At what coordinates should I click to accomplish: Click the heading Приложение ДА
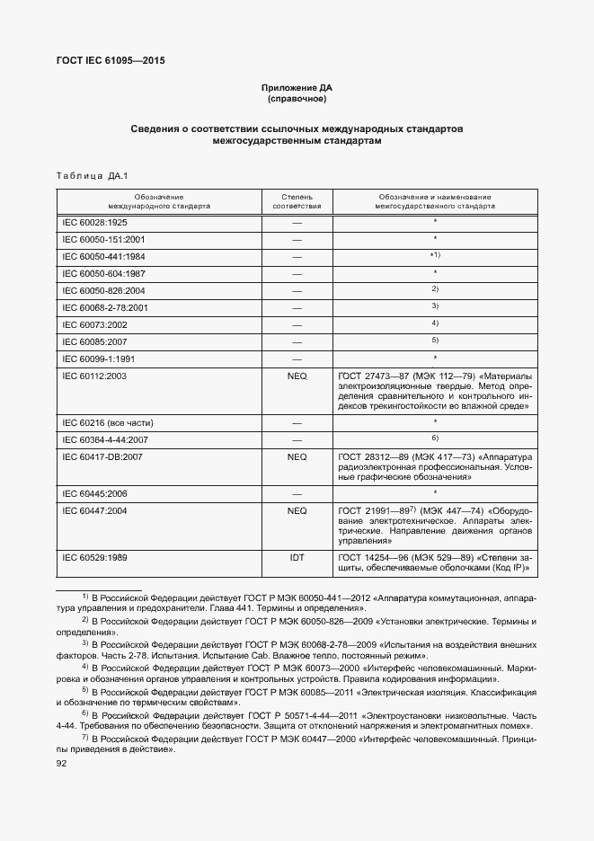(x=297, y=88)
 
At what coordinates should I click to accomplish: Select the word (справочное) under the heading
(x=297, y=99)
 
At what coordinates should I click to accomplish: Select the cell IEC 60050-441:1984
(x=103, y=257)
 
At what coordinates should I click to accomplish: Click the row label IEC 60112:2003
(x=94, y=376)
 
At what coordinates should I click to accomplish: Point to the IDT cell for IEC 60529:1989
(x=297, y=558)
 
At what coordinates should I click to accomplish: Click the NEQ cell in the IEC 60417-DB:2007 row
(x=297, y=456)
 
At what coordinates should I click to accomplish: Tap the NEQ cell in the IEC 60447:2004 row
(x=297, y=510)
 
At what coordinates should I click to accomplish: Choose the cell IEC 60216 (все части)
(x=107, y=420)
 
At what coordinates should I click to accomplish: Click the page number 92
(x=62, y=764)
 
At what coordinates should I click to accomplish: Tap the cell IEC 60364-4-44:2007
(x=103, y=438)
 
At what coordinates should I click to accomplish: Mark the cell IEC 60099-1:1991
(x=99, y=358)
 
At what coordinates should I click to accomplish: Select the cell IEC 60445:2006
(x=94, y=492)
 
